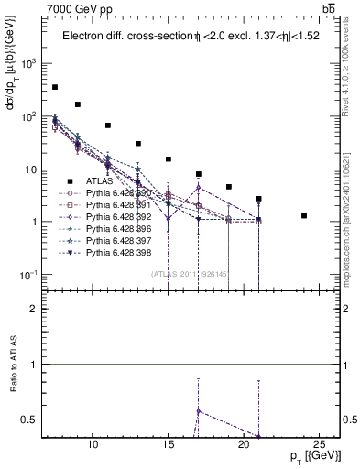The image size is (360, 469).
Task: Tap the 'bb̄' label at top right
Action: tap(327, 8)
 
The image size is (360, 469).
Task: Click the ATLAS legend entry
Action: tap(103, 181)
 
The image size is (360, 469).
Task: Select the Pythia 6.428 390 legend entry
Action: tap(121, 193)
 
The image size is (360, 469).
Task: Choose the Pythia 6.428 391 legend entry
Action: tap(121, 205)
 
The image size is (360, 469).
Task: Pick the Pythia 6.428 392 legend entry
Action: tap(121, 217)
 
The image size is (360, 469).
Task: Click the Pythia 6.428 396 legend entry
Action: tap(121, 229)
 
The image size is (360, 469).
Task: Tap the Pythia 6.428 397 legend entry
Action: tap(121, 241)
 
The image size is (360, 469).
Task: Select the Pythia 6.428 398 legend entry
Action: tap(121, 253)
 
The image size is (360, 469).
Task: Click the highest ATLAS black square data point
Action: tap(55, 87)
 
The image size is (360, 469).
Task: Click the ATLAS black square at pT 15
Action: tap(169, 159)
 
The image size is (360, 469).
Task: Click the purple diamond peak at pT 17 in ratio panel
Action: tap(199, 410)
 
